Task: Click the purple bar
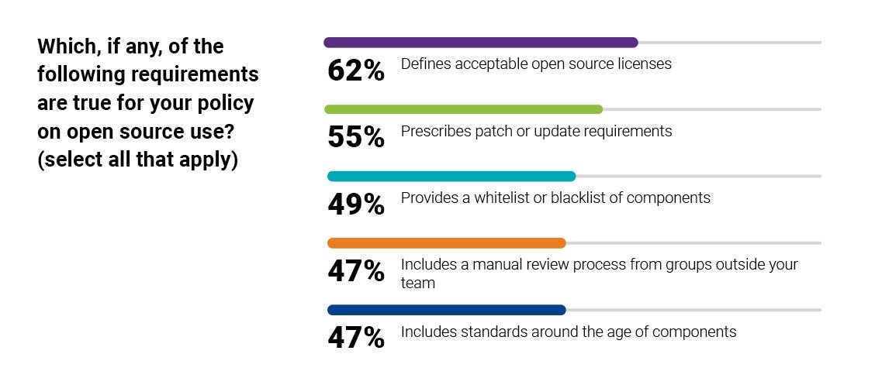point(480,43)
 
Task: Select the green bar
point(463,109)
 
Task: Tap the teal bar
point(451,176)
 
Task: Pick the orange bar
point(447,242)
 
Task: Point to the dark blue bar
point(447,310)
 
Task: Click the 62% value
point(356,71)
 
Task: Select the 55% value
point(356,138)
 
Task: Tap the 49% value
point(356,205)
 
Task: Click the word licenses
point(645,64)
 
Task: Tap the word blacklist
point(579,198)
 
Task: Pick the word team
point(417,284)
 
